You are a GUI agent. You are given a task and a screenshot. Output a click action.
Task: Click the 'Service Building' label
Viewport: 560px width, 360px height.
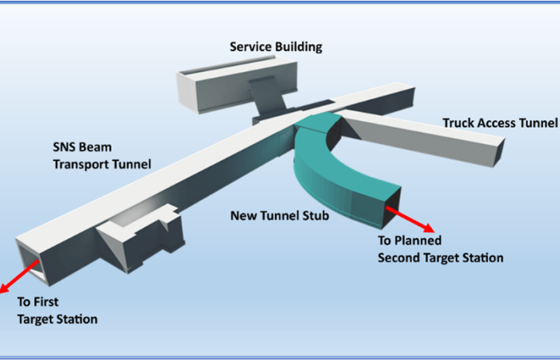pyautogui.click(x=275, y=46)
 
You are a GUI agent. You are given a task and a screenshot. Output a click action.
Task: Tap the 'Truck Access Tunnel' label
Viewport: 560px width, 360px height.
pyautogui.click(x=499, y=123)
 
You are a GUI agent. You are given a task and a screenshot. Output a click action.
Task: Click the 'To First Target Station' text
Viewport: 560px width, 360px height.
pyautogui.click(x=58, y=311)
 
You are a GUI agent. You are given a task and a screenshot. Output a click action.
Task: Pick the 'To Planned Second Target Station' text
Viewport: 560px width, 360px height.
pyautogui.click(x=440, y=249)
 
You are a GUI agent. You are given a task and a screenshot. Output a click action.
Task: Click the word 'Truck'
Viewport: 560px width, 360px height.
pyautogui.click(x=460, y=123)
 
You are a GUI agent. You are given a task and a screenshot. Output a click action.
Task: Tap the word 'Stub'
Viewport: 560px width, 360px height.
pyautogui.click(x=314, y=216)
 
